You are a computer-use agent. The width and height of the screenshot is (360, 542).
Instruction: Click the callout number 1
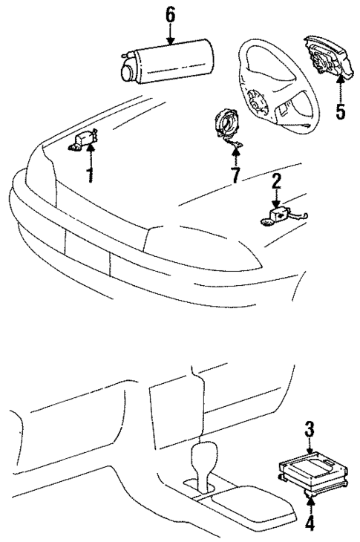pyautogui.click(x=89, y=176)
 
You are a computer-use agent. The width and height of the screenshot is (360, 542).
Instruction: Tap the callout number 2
pyautogui.click(x=275, y=180)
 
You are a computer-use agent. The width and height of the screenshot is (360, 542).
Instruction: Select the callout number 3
pyautogui.click(x=308, y=430)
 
